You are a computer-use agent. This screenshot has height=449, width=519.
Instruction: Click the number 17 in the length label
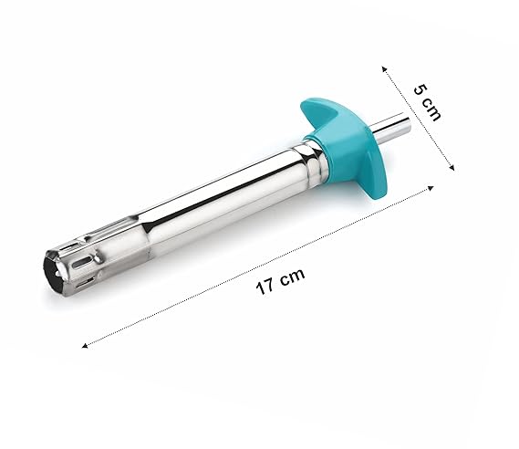(x=265, y=286)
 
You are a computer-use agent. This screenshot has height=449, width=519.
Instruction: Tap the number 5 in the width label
(x=420, y=89)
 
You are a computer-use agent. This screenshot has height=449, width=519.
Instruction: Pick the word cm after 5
(x=431, y=110)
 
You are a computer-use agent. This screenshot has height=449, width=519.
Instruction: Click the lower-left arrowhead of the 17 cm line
(x=84, y=346)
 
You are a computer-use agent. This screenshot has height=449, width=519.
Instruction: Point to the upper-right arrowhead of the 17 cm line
(x=431, y=188)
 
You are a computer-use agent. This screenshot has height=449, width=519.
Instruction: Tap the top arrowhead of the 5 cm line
(x=384, y=68)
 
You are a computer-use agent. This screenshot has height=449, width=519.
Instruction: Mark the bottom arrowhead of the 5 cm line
(x=452, y=168)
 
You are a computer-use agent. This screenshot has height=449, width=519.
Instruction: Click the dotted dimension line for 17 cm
(x=257, y=266)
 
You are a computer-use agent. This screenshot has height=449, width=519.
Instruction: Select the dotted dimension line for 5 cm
(x=418, y=119)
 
